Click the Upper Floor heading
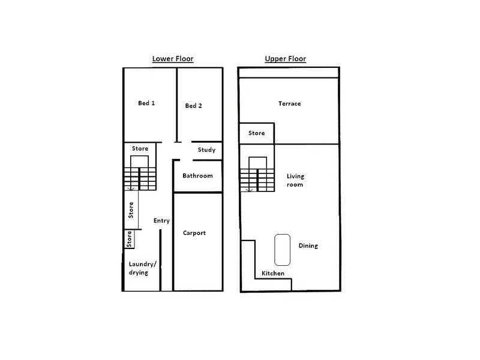coord(286,59)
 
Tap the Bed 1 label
coord(146,103)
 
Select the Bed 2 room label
coord(193,106)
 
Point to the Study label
coord(206,150)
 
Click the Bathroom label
coord(197,176)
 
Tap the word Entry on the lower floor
coord(161,221)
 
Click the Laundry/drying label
coord(143,268)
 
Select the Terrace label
coord(289,104)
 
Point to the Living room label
coord(295,180)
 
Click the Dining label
coord(308,246)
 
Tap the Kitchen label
coord(273,274)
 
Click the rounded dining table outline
coord(283,249)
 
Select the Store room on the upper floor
coord(257,133)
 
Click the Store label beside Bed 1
coord(140,149)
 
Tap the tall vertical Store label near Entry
coord(131,210)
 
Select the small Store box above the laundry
coord(129,239)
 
